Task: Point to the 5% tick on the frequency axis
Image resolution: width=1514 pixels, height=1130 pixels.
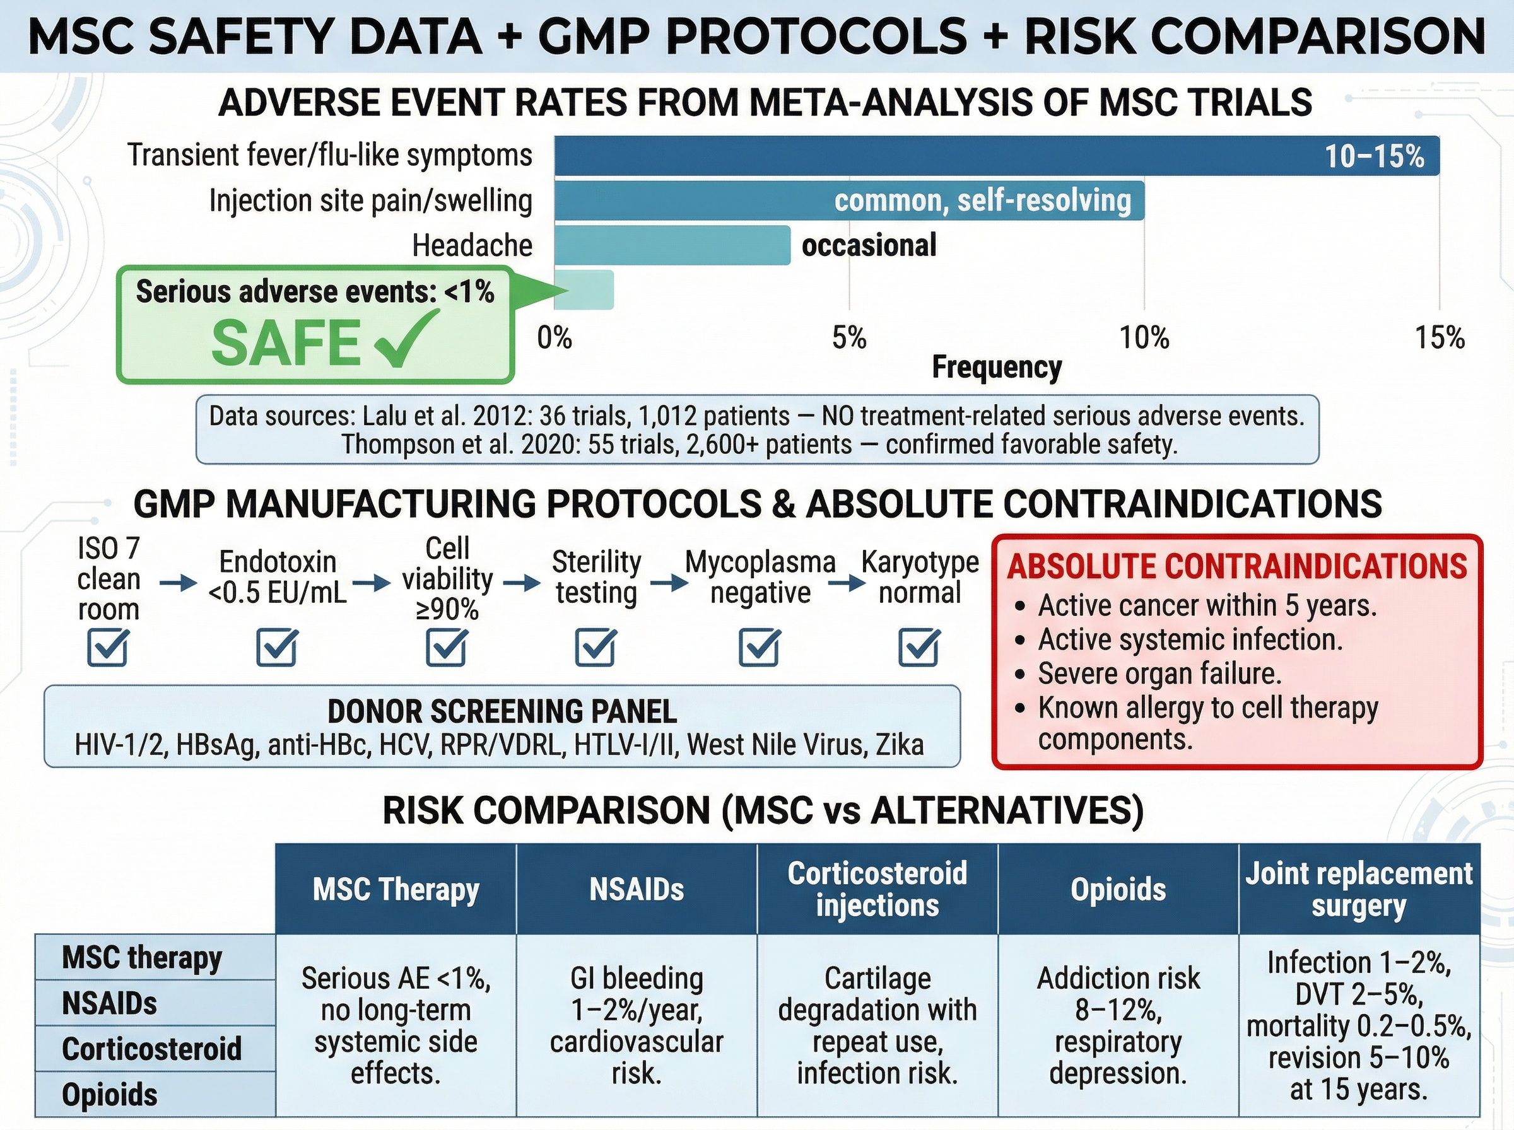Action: click(849, 338)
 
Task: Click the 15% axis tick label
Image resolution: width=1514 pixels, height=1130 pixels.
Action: click(1440, 338)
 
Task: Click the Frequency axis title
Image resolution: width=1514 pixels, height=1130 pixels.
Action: click(996, 368)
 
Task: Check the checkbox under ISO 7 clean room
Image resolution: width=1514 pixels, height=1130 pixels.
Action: click(107, 647)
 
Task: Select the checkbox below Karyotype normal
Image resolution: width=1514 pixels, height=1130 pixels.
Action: click(918, 647)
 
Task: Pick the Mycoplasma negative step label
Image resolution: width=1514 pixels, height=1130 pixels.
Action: click(760, 578)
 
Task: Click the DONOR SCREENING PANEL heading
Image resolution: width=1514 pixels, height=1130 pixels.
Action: click(502, 711)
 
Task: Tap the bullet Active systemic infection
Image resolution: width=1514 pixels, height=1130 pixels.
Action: click(1190, 639)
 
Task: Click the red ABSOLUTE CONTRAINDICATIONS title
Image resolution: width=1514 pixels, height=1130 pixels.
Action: click(1237, 566)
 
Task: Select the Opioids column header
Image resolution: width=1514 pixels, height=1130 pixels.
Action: click(1118, 889)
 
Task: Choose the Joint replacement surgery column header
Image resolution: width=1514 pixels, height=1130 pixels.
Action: click(1359, 889)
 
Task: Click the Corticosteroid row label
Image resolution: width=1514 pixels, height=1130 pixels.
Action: click(152, 1049)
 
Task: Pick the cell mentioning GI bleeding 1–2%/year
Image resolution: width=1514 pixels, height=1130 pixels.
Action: click(637, 1026)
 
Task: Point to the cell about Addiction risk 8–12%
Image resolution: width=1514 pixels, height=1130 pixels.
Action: click(1118, 1026)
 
